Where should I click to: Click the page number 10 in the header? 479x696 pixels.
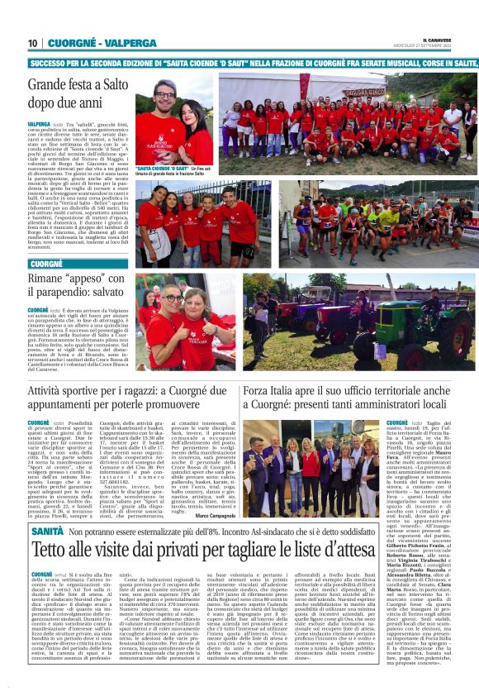[x=33, y=43]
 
